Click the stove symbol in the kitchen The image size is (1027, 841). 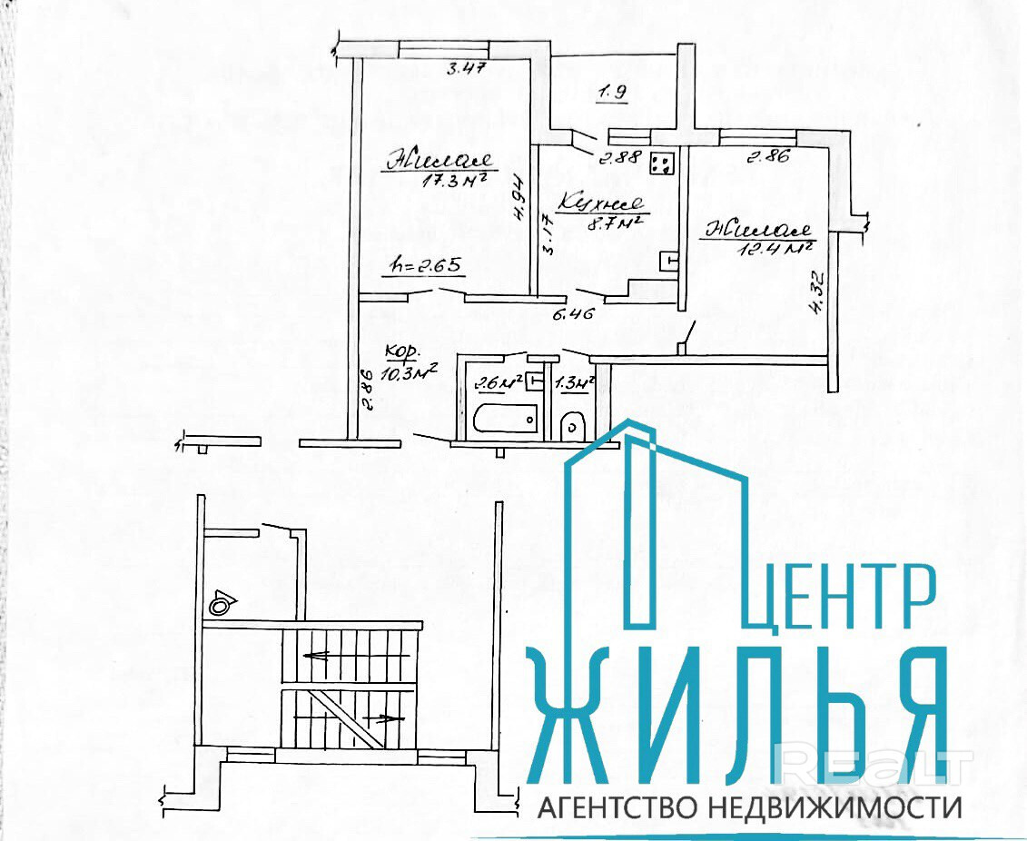[661, 163]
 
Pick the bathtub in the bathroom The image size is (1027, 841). [505, 419]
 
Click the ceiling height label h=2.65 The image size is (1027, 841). [428, 266]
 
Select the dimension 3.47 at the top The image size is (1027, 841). [465, 67]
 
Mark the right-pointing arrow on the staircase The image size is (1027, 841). [383, 717]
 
